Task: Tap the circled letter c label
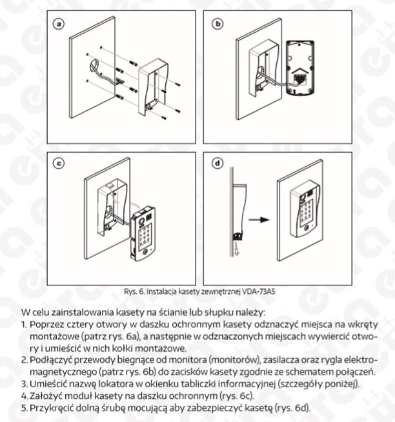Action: point(58,163)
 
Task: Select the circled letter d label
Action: point(218,163)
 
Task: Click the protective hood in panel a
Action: point(159,87)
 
